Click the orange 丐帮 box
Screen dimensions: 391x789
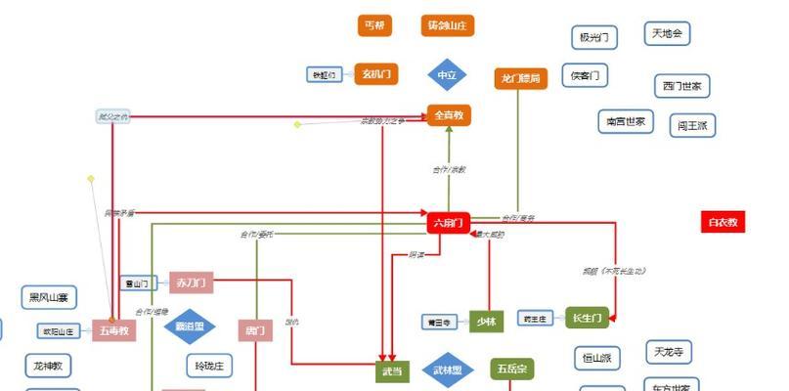pyautogui.click(x=374, y=25)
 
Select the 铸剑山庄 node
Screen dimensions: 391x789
pyautogui.click(x=449, y=25)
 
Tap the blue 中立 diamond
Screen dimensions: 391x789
pyautogui.click(x=447, y=75)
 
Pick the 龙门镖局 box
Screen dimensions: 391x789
pyautogui.click(x=520, y=78)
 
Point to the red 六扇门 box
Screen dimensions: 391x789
pyautogui.click(x=450, y=223)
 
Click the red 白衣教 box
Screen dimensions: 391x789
pyautogui.click(x=723, y=222)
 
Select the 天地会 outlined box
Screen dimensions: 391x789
pyautogui.click(x=668, y=34)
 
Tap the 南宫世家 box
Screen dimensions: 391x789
pyautogui.click(x=626, y=122)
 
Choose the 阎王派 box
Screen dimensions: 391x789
pyautogui.click(x=694, y=126)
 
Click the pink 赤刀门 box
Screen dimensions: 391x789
pyautogui.click(x=191, y=282)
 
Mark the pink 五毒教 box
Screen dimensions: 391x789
pyautogui.click(x=113, y=330)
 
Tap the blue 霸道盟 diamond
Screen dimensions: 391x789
pyautogui.click(x=190, y=326)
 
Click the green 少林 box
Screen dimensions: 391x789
pyautogui.click(x=486, y=322)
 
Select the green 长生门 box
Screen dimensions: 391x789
pyautogui.click(x=588, y=317)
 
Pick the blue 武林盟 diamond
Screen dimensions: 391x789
pyautogui.click(x=447, y=370)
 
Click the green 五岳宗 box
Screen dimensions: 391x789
pyautogui.click(x=510, y=369)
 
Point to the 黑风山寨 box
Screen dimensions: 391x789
pyautogui.click(x=49, y=297)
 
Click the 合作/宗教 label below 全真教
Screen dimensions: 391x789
pyautogui.click(x=450, y=170)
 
